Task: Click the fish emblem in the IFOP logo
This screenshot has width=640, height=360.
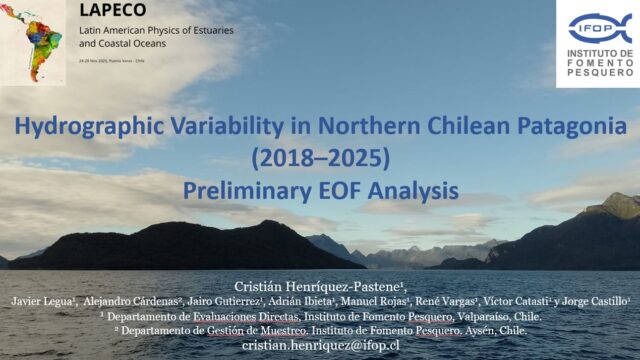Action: [x=599, y=28]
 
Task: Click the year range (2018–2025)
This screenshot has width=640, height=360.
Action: [x=319, y=157]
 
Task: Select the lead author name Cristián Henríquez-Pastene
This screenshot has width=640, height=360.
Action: [x=319, y=285]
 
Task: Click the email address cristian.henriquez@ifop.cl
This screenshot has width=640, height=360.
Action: [x=319, y=343]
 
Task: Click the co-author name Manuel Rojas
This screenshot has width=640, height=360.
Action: [x=389, y=300]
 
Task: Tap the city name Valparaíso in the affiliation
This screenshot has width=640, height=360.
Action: [x=460, y=315]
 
